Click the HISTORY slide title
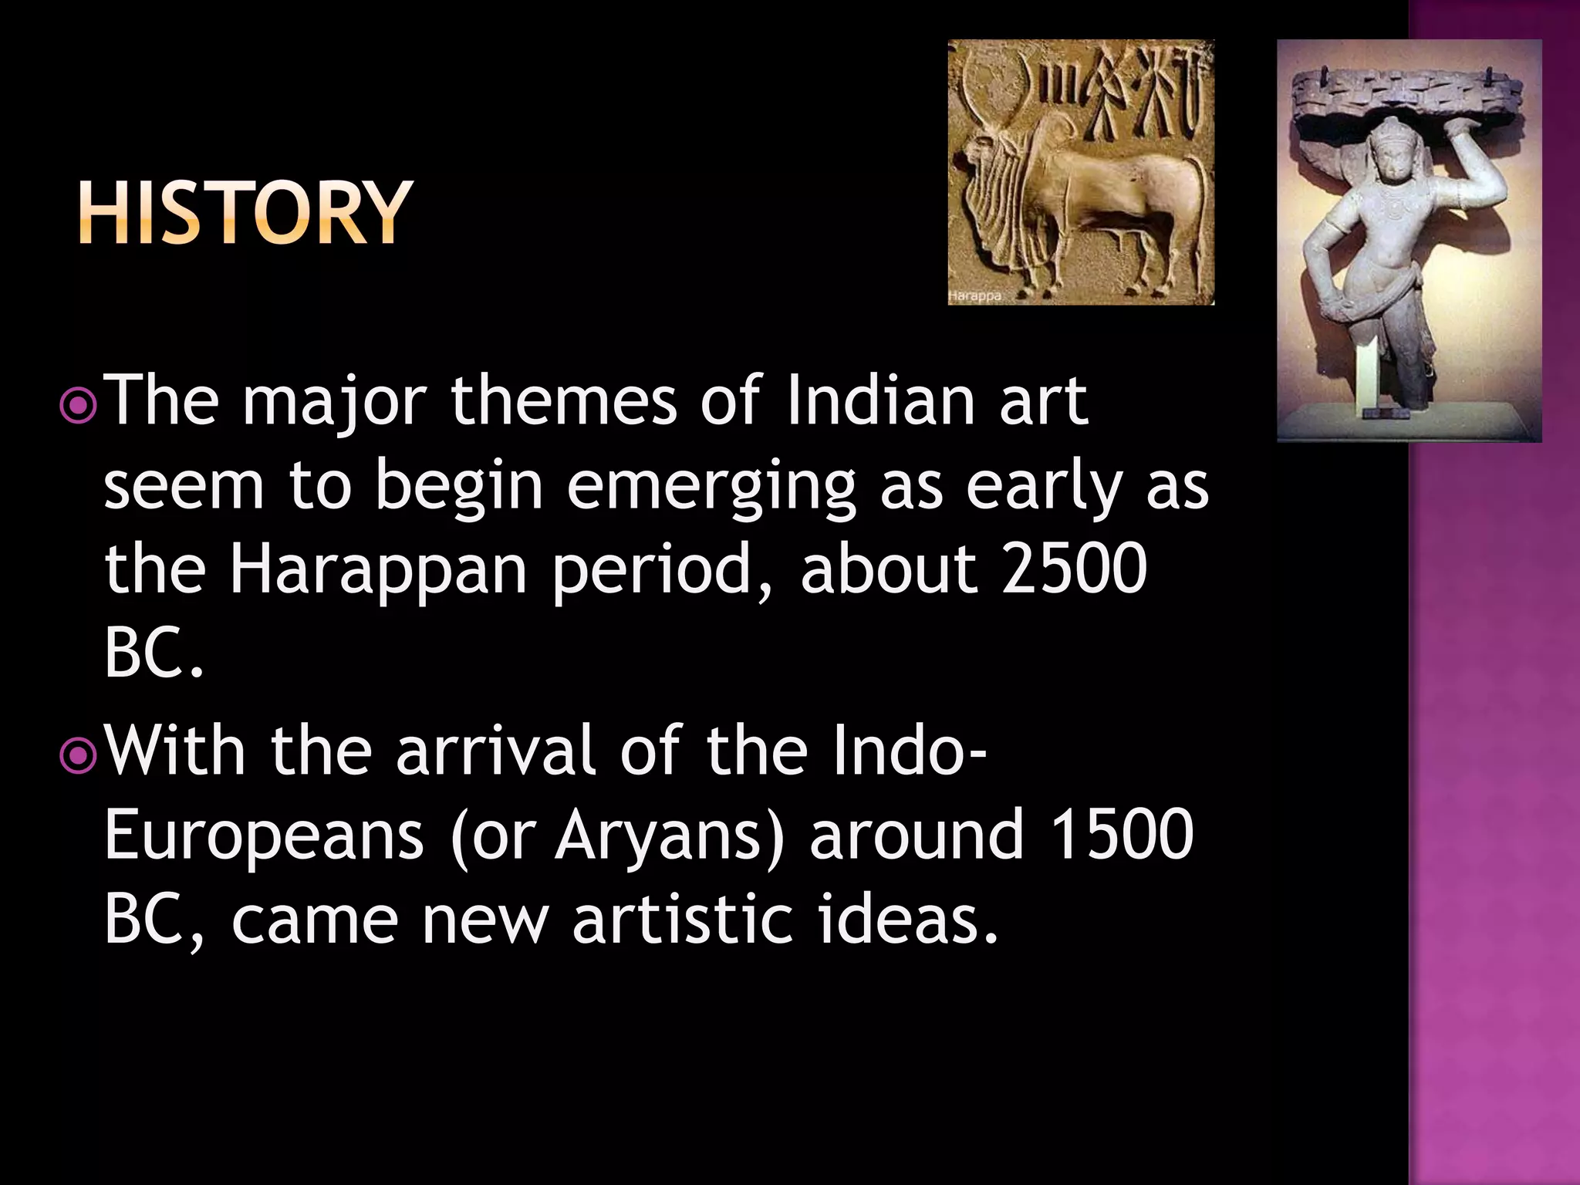click(x=245, y=213)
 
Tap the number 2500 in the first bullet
click(x=1075, y=569)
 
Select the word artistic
click(x=682, y=920)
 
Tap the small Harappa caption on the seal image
click(x=975, y=296)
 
